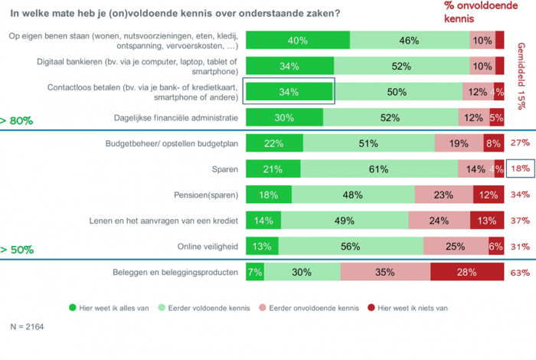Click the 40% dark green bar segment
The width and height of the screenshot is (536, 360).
click(x=298, y=41)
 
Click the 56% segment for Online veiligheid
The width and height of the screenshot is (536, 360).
click(x=351, y=246)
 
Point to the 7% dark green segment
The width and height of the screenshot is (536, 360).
click(x=255, y=273)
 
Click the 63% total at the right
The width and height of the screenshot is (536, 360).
click(x=521, y=273)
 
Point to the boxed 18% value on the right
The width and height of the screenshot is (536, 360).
click(x=521, y=169)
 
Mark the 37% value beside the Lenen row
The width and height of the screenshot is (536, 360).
click(x=521, y=221)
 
